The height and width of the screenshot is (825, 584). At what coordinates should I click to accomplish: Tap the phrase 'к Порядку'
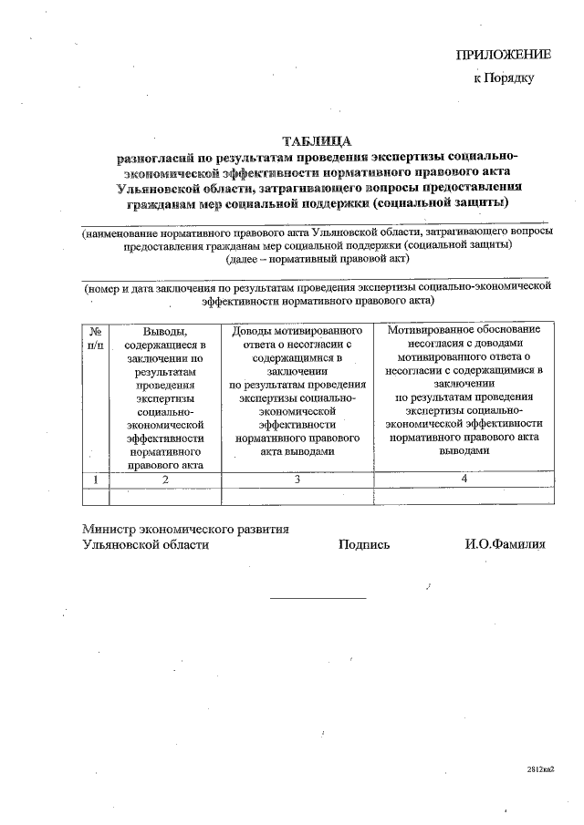(503, 77)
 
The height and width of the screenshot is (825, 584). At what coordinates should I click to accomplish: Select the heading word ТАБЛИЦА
(317, 141)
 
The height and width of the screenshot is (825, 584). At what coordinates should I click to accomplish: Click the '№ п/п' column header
(95, 338)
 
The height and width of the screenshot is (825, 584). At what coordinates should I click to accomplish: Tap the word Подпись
(364, 544)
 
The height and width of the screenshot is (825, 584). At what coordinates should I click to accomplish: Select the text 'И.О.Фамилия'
(505, 544)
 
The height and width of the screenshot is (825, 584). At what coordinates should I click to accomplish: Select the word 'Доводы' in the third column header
(255, 330)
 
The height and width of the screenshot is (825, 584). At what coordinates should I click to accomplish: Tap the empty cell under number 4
(464, 496)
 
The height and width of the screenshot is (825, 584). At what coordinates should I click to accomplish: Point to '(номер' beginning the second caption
(103, 286)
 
